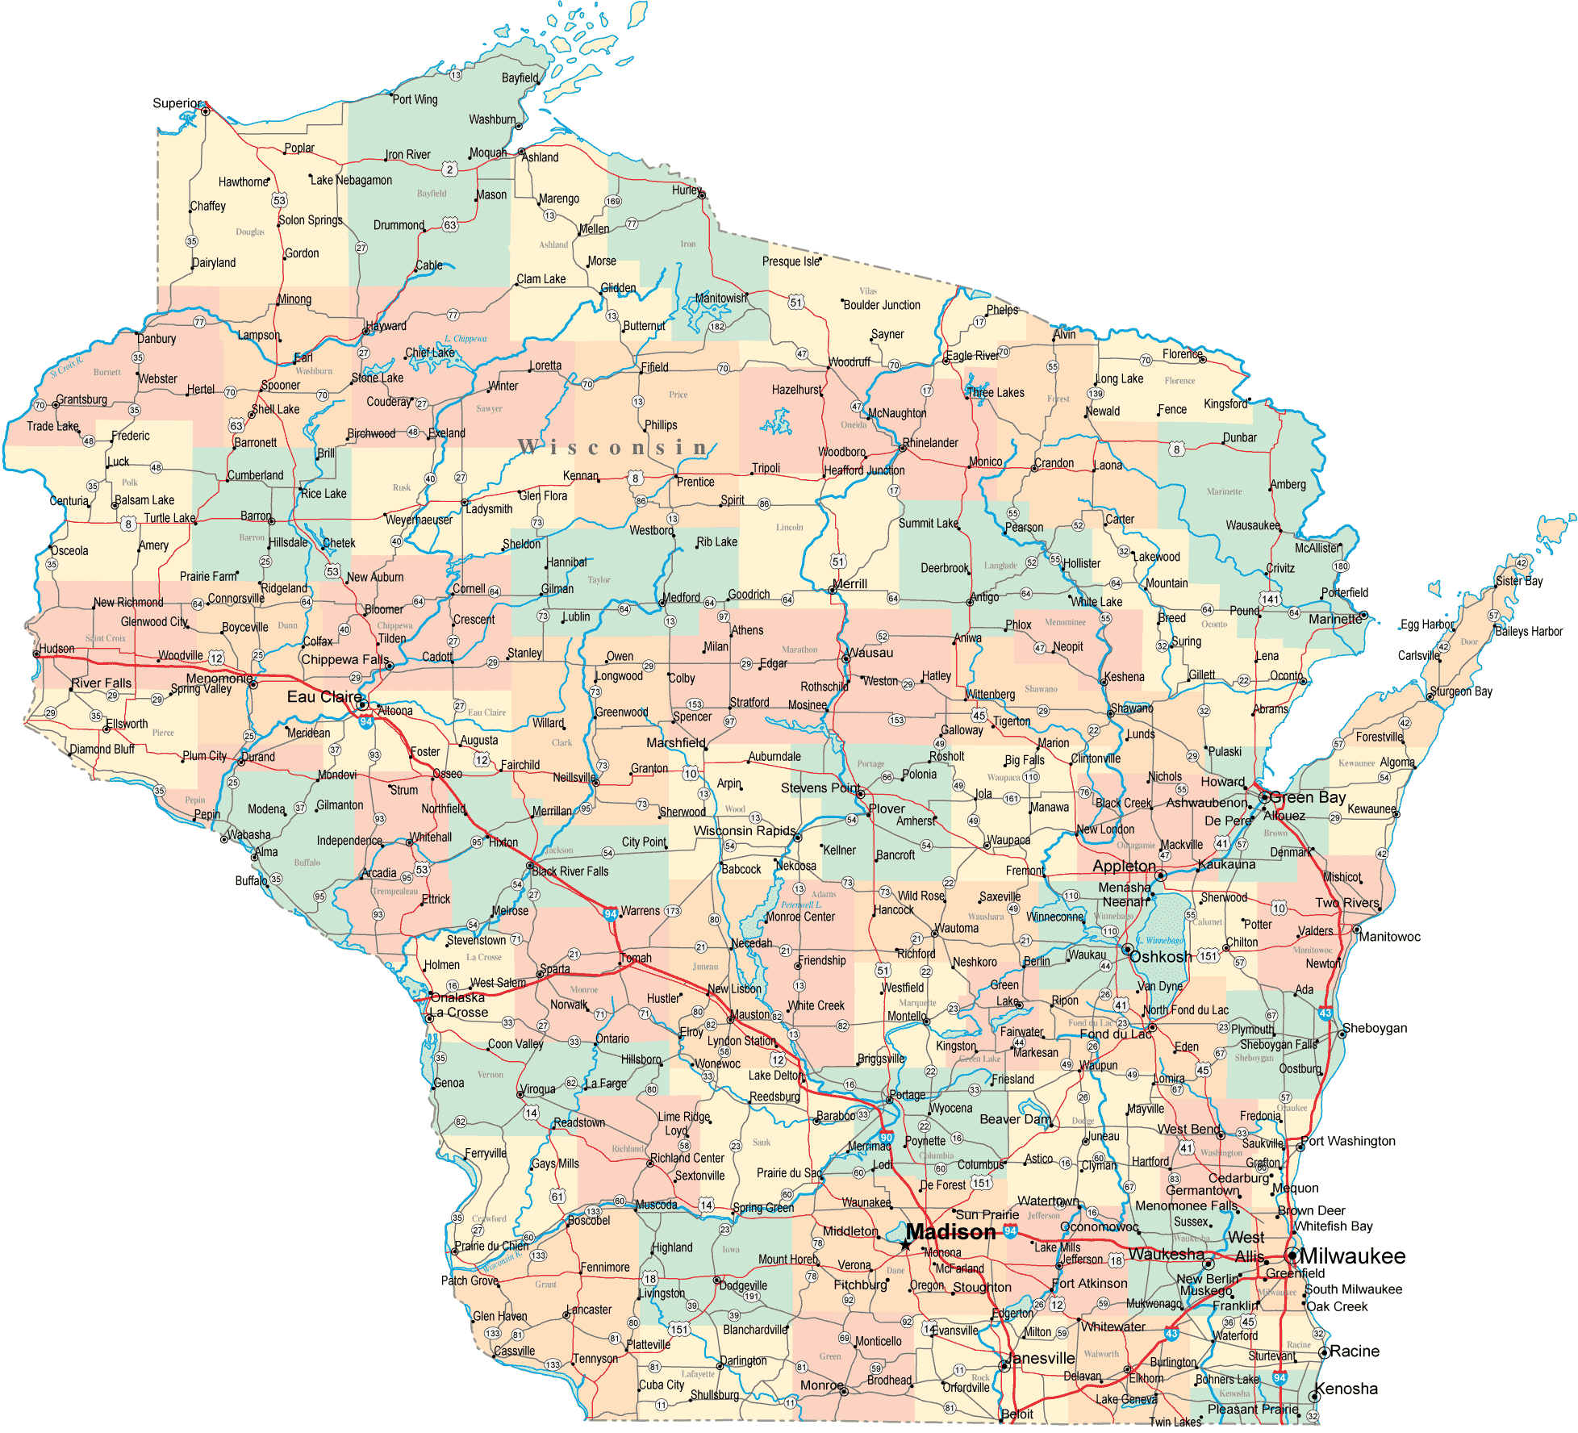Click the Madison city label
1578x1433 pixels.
coord(950,1232)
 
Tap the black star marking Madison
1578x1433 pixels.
coord(906,1246)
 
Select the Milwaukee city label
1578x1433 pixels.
coord(1352,1256)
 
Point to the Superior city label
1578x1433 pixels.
coord(177,103)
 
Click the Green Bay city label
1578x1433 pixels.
coord(1307,797)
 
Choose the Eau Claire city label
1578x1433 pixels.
coord(324,696)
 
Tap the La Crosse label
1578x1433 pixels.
coord(459,1013)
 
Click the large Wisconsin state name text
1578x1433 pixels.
coord(613,447)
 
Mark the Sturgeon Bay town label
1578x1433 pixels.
coord(1462,691)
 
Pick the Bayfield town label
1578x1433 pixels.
coord(520,78)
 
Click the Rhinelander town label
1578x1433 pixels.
coord(930,443)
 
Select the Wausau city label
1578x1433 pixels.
coord(870,653)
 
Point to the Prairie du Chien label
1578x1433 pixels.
coord(491,1246)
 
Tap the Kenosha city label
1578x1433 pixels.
coord(1346,1389)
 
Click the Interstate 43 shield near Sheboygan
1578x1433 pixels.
coord(1325,1013)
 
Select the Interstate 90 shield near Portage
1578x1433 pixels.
coord(886,1137)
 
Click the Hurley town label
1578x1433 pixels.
coord(687,190)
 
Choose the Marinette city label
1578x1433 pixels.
coord(1334,619)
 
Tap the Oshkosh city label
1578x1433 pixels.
coord(1160,957)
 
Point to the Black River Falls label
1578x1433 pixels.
coord(570,871)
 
